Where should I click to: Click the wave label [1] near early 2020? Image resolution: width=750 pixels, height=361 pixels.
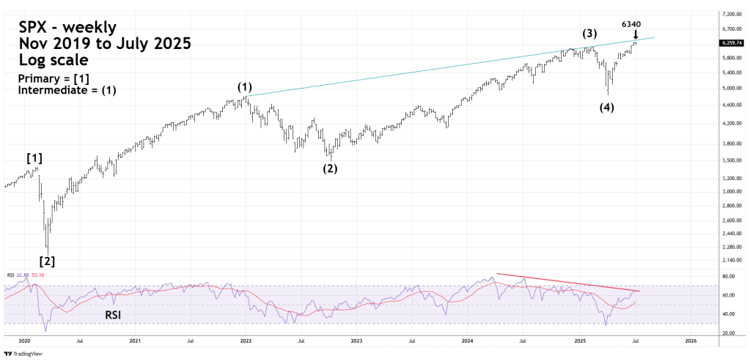(x=34, y=157)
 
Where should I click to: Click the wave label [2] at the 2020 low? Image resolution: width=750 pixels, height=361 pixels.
(x=46, y=260)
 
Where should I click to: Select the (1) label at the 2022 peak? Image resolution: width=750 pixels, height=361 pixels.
(x=245, y=87)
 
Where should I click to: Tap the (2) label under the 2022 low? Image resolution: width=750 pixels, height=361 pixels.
(x=331, y=168)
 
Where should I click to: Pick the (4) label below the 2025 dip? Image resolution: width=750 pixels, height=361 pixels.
(x=607, y=108)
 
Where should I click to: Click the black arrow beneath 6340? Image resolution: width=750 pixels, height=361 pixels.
(x=636, y=34)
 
